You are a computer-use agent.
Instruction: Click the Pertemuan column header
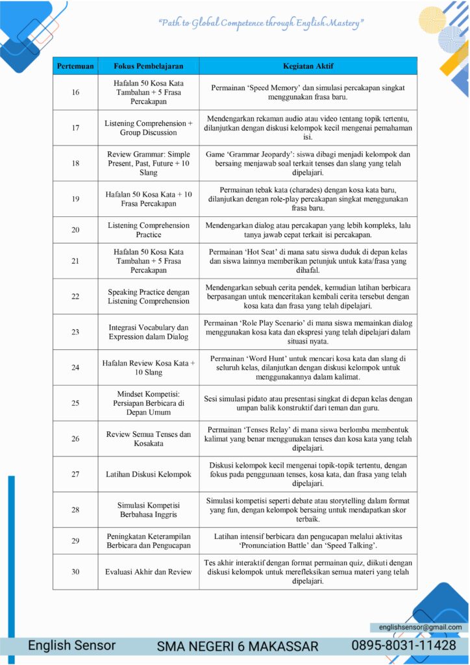[75, 66]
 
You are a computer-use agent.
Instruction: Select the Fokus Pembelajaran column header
[149, 66]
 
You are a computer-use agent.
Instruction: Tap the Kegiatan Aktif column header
[308, 66]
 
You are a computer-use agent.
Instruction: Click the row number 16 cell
[75, 92]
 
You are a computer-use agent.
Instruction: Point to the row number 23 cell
[75, 332]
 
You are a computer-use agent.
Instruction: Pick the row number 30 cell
[75, 571]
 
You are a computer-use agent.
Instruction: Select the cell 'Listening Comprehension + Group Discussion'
[149, 127]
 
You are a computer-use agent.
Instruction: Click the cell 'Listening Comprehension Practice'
[149, 230]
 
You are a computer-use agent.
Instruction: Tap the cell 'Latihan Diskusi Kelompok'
[149, 474]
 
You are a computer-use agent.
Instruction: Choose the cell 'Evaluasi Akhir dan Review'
[149, 571]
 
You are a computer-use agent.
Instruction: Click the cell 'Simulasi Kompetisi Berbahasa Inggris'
[149, 510]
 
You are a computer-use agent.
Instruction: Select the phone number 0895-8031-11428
[404, 646]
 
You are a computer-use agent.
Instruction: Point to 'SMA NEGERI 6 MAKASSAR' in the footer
[238, 646]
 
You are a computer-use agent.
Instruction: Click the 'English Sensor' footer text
[71, 646]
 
